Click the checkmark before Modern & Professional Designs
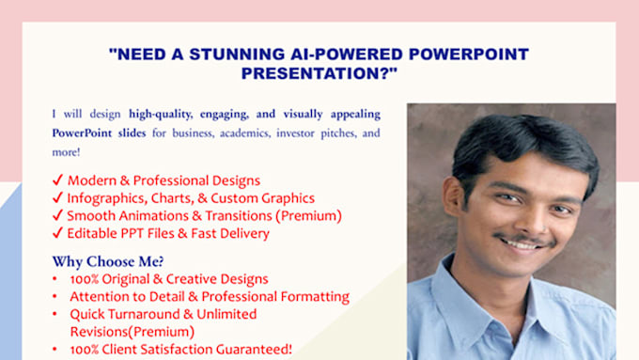coord(57,180)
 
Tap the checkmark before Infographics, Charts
coord(57,198)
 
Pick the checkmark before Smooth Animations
coord(57,215)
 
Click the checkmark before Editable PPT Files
coord(57,233)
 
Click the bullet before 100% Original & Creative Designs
coord(57,279)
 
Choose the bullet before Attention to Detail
coord(57,296)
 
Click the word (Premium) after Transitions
coord(309,215)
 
